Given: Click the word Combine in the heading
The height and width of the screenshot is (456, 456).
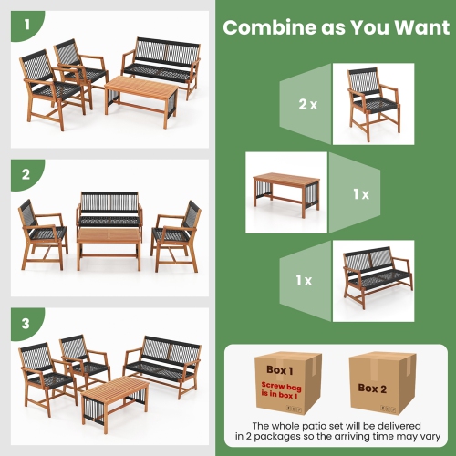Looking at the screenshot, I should pyautogui.click(x=264, y=27).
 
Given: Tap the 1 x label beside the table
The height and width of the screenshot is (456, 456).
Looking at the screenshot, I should pyautogui.click(x=361, y=194).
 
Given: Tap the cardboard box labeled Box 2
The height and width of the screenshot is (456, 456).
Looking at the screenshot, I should pyautogui.click(x=376, y=384).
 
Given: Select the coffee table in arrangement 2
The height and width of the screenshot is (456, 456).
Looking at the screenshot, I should pyautogui.click(x=109, y=246).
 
